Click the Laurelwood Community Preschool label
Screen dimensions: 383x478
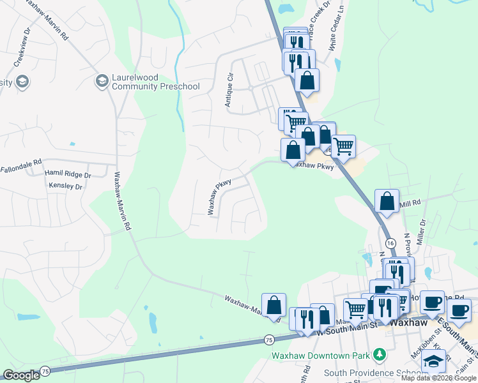(x=147, y=82)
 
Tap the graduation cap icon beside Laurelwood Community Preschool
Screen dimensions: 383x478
(x=101, y=81)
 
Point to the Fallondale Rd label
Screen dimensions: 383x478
(x=20, y=170)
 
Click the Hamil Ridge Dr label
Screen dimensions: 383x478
(x=68, y=174)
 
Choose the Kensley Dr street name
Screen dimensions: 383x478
(x=66, y=186)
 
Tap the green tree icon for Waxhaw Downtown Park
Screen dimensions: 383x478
(x=380, y=354)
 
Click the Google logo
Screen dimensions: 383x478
(x=21, y=375)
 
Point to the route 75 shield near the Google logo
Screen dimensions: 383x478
(x=45, y=371)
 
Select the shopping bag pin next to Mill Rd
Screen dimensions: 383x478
(x=387, y=200)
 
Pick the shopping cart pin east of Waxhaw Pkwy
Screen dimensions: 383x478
(x=344, y=147)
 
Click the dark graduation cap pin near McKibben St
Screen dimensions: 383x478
(x=434, y=361)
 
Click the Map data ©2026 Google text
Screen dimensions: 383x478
(x=438, y=378)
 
